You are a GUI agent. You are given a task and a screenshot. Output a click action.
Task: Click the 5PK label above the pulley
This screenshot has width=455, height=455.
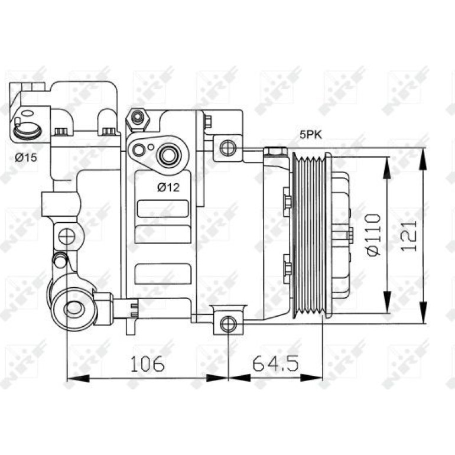point(311,135)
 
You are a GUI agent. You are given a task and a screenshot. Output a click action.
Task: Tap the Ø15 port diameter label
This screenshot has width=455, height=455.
point(26,158)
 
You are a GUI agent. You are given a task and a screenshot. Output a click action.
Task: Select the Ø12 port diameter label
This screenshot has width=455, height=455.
point(168,187)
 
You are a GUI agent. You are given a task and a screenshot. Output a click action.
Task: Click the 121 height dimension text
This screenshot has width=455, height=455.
point(409,236)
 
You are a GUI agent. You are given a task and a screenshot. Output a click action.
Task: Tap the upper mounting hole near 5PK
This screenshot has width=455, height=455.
point(228,148)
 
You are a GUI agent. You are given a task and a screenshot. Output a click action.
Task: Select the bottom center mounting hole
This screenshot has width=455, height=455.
point(228,324)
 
